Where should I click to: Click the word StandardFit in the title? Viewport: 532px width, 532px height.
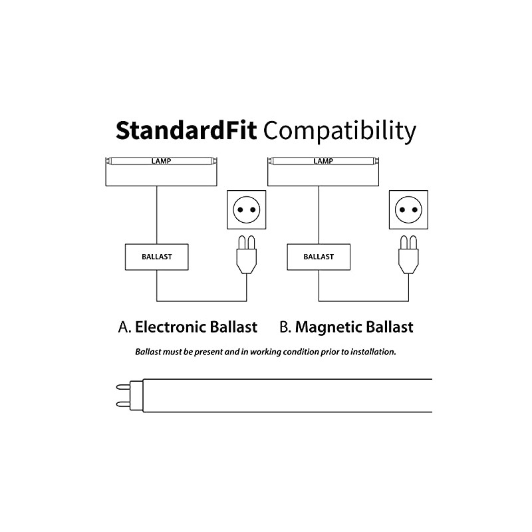point(187,130)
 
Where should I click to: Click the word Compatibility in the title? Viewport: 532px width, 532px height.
point(340,130)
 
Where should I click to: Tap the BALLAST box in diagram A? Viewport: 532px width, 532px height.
point(157,257)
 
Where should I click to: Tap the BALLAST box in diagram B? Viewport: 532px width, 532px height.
point(319,257)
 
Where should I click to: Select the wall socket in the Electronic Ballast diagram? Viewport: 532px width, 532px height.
point(247,210)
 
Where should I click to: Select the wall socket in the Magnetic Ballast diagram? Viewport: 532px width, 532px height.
point(408,210)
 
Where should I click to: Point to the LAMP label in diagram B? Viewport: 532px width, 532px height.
point(323,161)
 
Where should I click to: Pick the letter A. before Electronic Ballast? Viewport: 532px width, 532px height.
point(124,327)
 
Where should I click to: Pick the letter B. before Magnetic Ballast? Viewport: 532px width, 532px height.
point(285,327)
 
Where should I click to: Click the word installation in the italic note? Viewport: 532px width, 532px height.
point(372,351)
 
